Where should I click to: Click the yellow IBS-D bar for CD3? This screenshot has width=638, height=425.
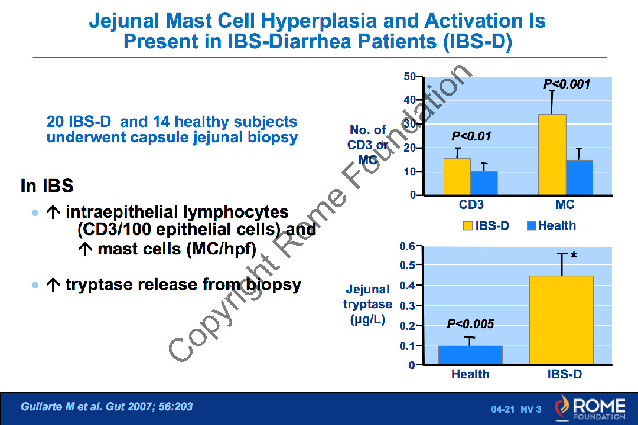457,176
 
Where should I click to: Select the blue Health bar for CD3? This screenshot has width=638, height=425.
484,182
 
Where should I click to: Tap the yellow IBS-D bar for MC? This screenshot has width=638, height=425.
552,155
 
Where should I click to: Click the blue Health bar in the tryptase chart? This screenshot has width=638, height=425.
470,355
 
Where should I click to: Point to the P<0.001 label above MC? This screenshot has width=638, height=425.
567,84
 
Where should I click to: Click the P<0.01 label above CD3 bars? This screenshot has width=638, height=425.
471,137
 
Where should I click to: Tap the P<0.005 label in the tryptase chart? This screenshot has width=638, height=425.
470,324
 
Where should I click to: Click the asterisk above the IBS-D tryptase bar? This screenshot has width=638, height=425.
574,255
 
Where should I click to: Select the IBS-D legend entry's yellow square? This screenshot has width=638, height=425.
468,226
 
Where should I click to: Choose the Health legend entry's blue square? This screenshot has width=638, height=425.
531,226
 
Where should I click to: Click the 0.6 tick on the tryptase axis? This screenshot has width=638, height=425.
407,246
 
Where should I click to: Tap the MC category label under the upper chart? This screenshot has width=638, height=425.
565,205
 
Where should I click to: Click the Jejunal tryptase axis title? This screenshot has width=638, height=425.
367,305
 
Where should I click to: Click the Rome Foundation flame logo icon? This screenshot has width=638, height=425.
562,407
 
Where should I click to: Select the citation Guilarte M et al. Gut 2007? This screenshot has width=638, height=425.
107,407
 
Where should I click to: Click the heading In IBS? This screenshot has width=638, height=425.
47,187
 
